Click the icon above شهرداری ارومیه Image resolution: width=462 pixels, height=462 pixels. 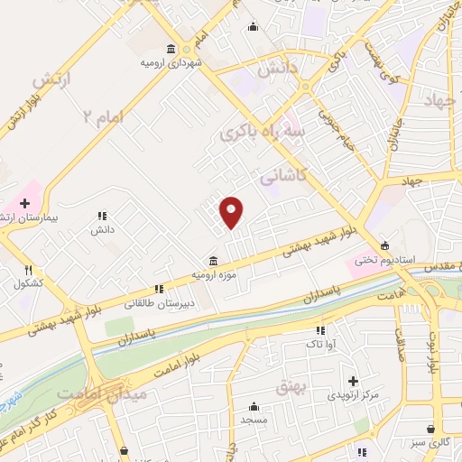click(171, 49)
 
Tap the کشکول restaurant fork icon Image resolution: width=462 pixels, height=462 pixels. click(28, 270)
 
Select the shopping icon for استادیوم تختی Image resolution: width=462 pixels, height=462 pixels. click(385, 245)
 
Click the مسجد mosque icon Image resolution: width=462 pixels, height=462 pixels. click(254, 405)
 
